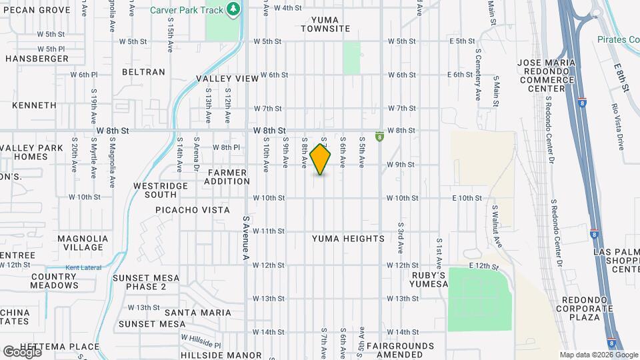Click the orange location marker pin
click(x=321, y=159)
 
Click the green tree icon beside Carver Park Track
click(x=233, y=9)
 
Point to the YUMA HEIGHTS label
click(x=348, y=239)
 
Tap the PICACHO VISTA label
click(x=192, y=210)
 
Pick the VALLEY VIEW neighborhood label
click(x=227, y=79)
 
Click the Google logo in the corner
click(x=22, y=351)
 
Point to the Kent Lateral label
click(x=80, y=269)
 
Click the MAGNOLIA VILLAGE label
click(x=83, y=243)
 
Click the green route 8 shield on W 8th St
click(x=379, y=137)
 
